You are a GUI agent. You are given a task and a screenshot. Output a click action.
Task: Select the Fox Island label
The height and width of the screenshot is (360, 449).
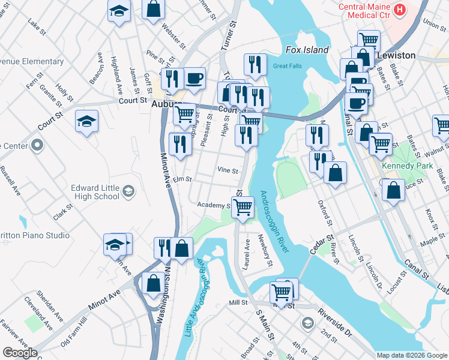(x=307, y=50)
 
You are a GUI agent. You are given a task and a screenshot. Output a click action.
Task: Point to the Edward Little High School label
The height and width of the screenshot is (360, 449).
(x=95, y=191)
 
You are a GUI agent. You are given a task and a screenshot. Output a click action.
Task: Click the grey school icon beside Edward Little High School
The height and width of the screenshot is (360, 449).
(x=127, y=192)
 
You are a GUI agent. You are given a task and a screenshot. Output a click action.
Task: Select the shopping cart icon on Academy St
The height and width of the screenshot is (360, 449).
(x=243, y=208)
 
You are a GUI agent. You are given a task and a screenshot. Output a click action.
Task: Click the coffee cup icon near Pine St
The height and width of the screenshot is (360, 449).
(x=194, y=78)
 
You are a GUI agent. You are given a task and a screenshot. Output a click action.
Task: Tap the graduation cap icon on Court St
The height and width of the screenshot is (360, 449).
(x=87, y=122)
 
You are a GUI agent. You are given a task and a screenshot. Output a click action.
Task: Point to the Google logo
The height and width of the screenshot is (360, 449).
(x=19, y=353)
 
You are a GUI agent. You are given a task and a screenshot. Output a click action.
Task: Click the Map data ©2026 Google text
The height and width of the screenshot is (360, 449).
(x=412, y=355)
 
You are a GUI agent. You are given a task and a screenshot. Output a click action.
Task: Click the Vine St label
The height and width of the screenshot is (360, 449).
(x=228, y=170)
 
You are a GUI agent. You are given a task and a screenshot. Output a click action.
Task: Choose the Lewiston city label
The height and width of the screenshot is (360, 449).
(x=396, y=55)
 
